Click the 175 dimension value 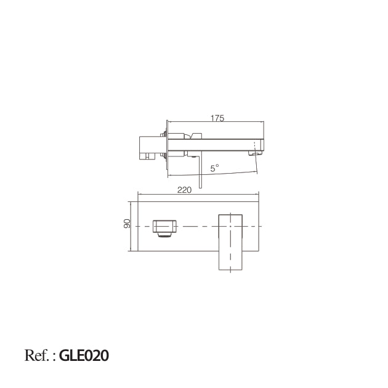tap(217, 118)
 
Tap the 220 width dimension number tap(184, 190)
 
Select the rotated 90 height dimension tap(127, 224)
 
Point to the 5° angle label tap(214, 168)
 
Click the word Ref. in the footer tap(36, 355)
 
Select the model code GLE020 tap(84, 355)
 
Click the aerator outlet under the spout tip tap(255, 154)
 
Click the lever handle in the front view tap(230, 242)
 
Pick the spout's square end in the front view tap(164, 226)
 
